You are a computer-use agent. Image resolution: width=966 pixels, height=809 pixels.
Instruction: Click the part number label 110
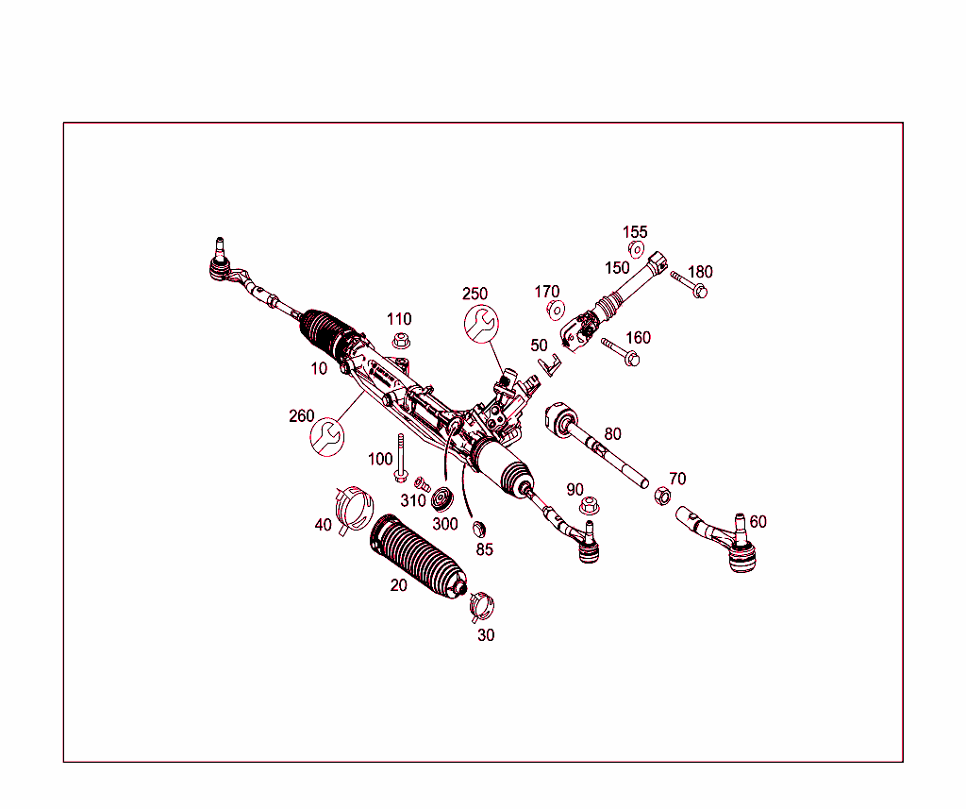(x=399, y=319)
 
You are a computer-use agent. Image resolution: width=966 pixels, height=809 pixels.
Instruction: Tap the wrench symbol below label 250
(x=481, y=324)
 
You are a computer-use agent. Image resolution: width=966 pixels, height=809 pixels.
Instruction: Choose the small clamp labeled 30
(x=482, y=603)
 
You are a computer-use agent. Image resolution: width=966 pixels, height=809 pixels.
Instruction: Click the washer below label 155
(x=636, y=250)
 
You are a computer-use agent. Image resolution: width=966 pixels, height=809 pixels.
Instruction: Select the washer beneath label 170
(x=556, y=310)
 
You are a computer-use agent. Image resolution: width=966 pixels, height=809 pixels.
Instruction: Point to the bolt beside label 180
(x=689, y=284)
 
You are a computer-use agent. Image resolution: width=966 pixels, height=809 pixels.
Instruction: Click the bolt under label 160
(x=620, y=352)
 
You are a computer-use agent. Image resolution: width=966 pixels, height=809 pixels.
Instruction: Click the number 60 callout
(x=758, y=521)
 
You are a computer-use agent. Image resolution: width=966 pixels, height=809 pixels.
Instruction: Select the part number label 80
(x=613, y=434)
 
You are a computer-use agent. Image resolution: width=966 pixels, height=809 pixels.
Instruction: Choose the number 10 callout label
(x=320, y=368)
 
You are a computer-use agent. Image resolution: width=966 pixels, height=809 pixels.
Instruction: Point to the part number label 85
(x=484, y=549)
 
